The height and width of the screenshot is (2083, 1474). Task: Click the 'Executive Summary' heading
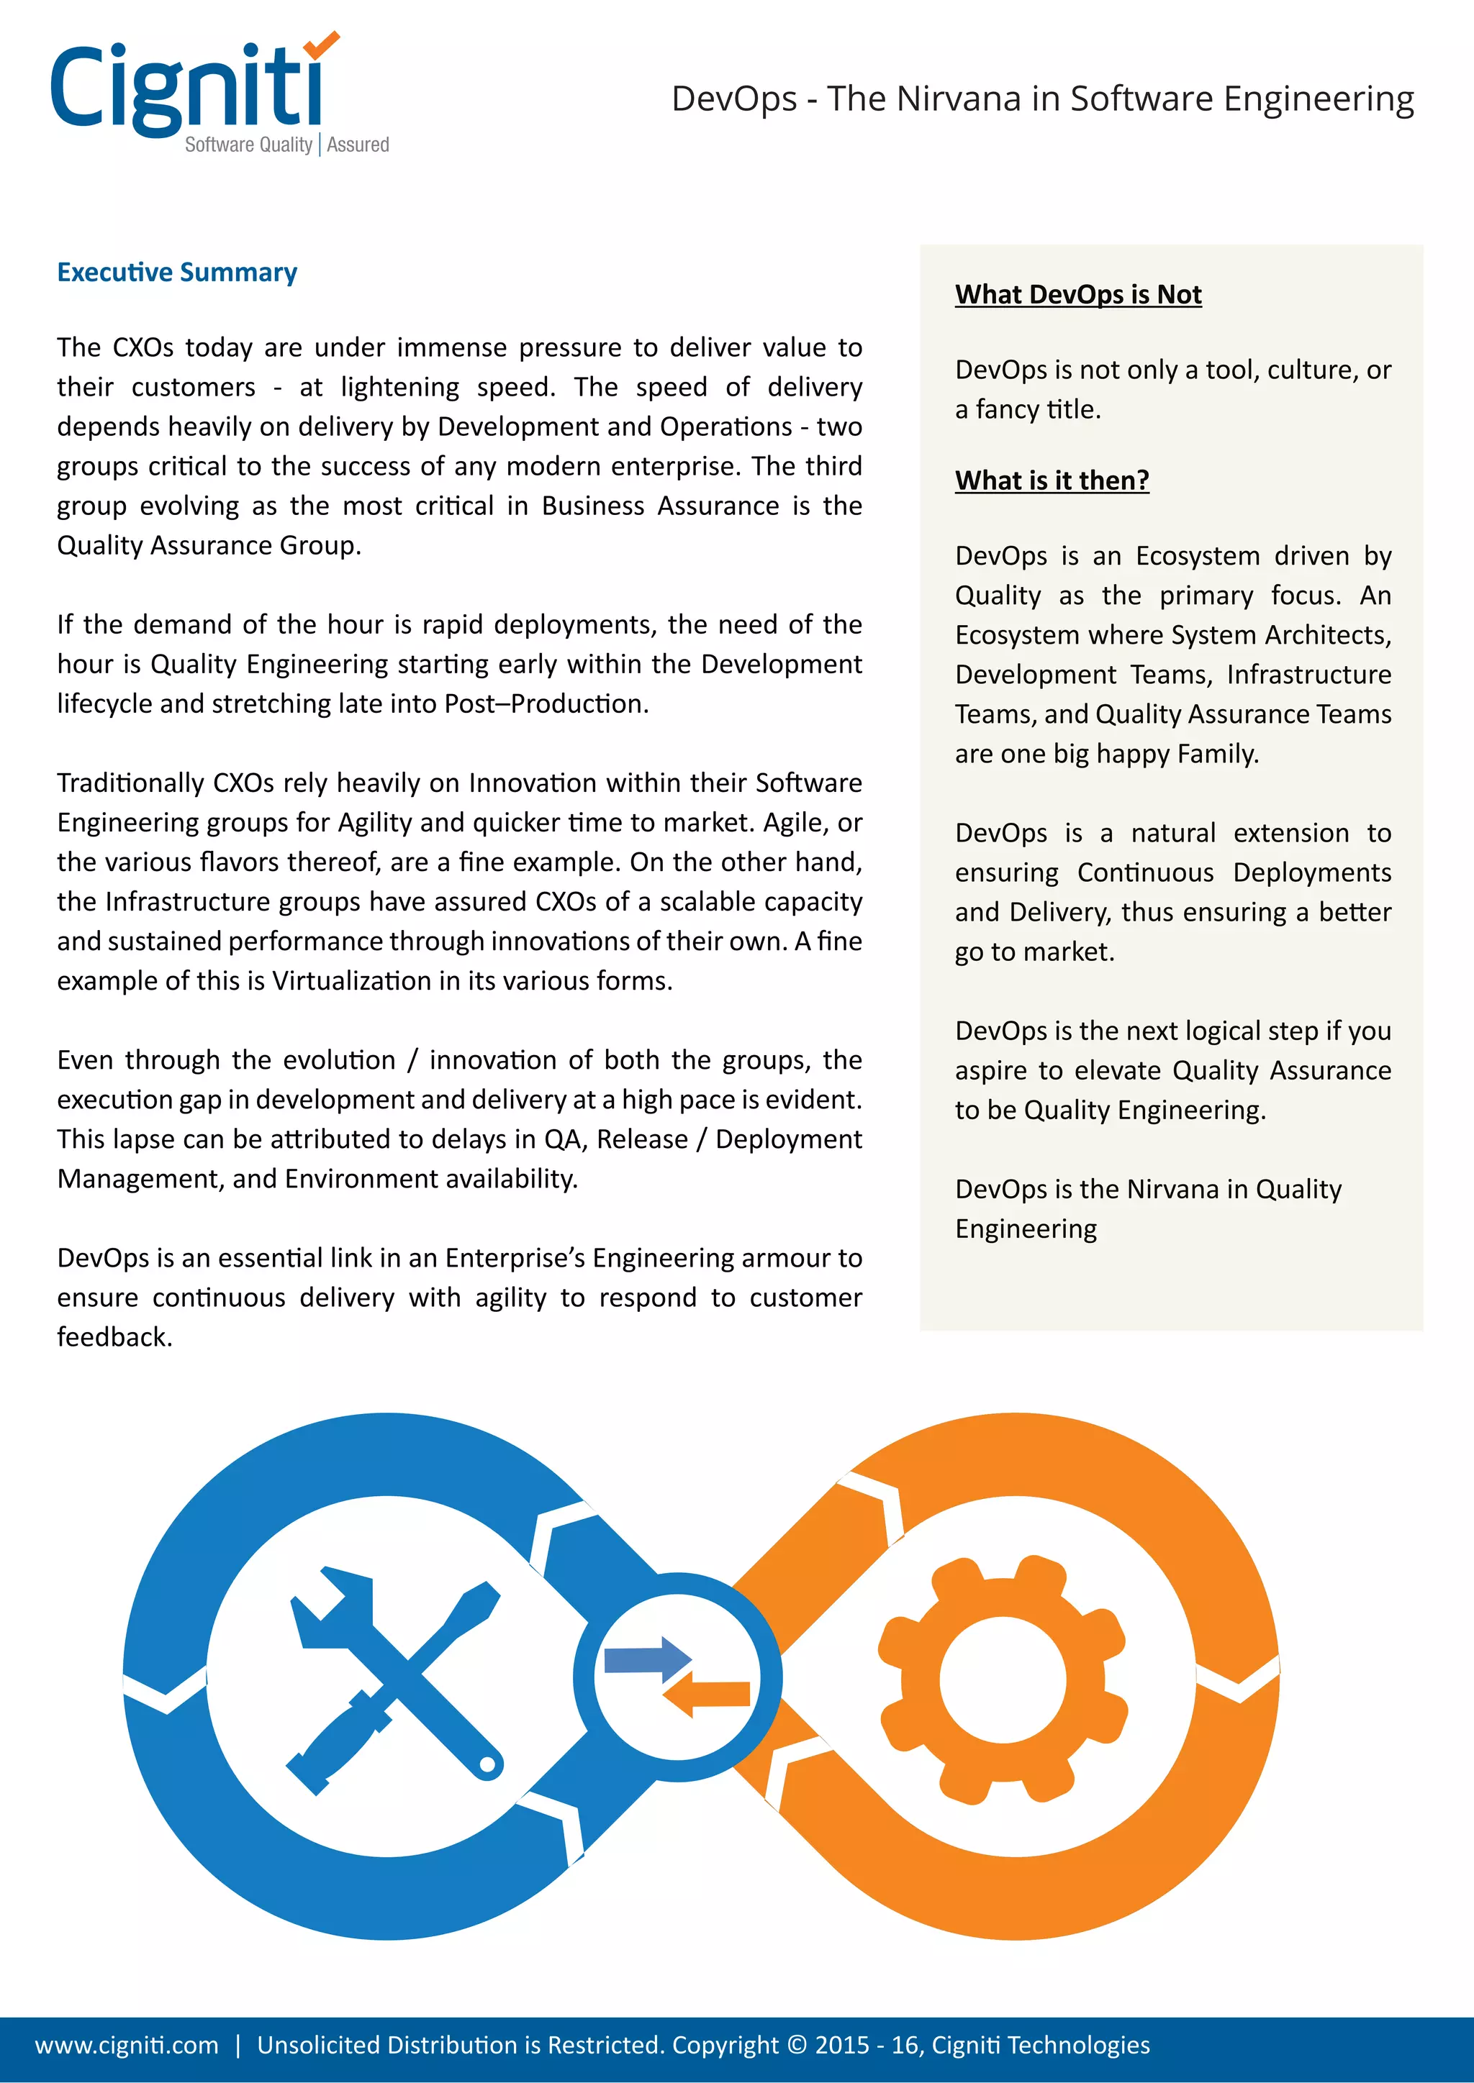pos(177,272)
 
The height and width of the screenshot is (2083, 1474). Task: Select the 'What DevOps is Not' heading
pos(1078,295)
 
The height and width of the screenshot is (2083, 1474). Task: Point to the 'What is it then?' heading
pos(1052,480)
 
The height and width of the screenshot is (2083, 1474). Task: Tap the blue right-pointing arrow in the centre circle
pos(648,1659)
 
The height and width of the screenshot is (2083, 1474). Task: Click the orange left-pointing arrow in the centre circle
pos(706,1693)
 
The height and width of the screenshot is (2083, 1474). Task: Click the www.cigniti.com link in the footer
pos(127,2045)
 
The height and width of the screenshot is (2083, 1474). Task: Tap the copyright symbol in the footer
pos(797,2045)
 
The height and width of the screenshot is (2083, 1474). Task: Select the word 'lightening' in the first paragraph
pos(400,388)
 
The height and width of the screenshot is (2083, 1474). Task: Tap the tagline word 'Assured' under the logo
pos(358,145)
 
